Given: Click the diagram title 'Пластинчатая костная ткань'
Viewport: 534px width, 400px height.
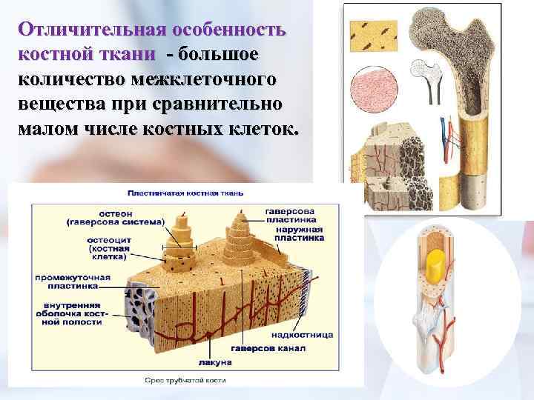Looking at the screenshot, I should click(185, 193).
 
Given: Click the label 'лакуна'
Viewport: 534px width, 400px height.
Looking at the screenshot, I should click(216, 362).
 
